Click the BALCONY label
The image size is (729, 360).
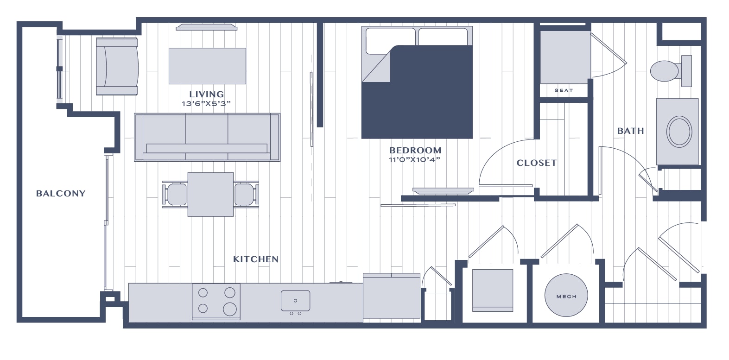tap(61, 193)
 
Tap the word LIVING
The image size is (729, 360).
tap(207, 95)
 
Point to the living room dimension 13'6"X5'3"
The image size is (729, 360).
tap(206, 104)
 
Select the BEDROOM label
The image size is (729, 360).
tap(415, 151)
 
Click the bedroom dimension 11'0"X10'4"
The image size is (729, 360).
tap(415, 160)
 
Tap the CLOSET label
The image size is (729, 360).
tap(537, 163)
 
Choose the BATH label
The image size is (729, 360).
tap(631, 131)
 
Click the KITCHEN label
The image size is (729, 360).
tap(256, 259)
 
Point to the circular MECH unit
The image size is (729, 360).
tap(566, 295)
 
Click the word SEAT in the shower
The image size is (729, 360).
tap(564, 90)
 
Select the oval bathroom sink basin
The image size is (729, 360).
tap(679, 132)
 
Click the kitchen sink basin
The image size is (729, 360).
tap(296, 300)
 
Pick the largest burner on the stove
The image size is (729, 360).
tap(230, 309)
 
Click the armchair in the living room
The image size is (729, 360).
tap(117, 66)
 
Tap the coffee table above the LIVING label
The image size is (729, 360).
tap(207, 66)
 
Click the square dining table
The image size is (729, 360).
tap(210, 194)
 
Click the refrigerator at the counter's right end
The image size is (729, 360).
tap(392, 296)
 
